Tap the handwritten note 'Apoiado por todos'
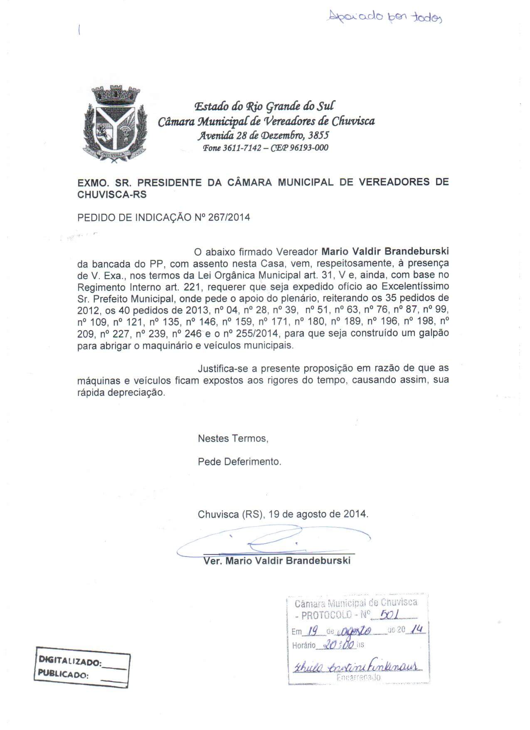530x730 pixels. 385,17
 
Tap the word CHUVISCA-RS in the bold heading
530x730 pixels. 112,194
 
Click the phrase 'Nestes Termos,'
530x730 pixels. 233,438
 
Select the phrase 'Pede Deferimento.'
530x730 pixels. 239,462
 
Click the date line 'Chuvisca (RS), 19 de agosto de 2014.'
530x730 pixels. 283,514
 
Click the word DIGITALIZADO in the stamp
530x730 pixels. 70,661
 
